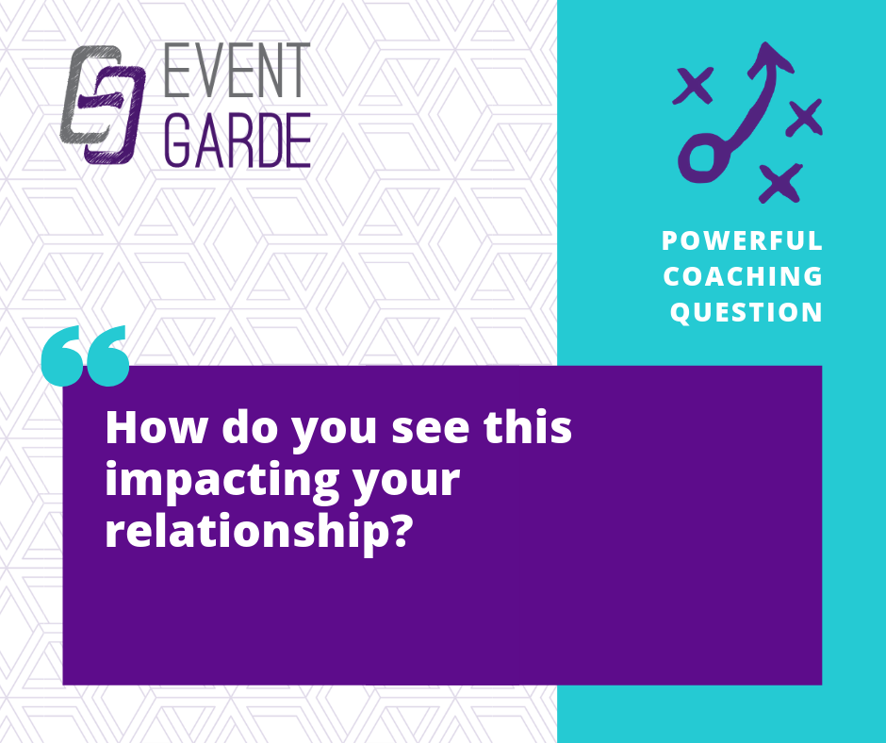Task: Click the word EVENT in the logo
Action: coord(237,70)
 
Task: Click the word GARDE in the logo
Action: coord(238,140)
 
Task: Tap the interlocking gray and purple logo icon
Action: coord(103,106)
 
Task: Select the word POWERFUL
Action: coord(742,240)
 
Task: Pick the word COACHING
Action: coord(743,276)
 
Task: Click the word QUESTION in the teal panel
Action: coord(746,313)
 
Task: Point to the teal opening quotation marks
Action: coord(86,356)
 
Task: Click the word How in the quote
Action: coord(156,428)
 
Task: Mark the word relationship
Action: coord(241,533)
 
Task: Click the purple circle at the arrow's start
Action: coord(702,158)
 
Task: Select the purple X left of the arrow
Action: coord(694,86)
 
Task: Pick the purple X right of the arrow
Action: coord(805,117)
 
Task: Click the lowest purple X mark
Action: coord(780,183)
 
